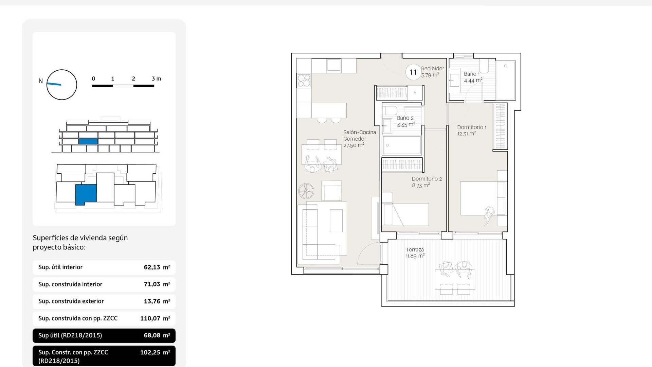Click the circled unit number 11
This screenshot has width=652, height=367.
pyautogui.click(x=413, y=72)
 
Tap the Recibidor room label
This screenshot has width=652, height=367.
pyautogui.click(x=432, y=69)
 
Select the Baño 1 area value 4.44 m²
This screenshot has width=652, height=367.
pyautogui.click(x=473, y=81)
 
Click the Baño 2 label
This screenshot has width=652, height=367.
pyautogui.click(x=405, y=118)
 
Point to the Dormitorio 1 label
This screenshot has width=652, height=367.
pyautogui.click(x=471, y=127)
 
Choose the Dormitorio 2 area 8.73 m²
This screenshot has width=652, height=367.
pyautogui.click(x=421, y=186)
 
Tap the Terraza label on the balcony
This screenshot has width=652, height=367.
pyautogui.click(x=415, y=249)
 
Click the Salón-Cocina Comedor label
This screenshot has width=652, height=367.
pyautogui.click(x=359, y=135)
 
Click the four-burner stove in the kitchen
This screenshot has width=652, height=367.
pyautogui.click(x=304, y=81)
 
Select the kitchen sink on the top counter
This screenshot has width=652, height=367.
pyautogui.click(x=334, y=65)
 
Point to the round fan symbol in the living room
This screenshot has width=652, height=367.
pyautogui.click(x=306, y=191)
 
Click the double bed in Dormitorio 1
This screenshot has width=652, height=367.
pyautogui.click(x=478, y=198)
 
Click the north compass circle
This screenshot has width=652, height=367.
pyautogui.click(x=61, y=85)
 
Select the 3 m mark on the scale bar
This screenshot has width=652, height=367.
pyautogui.click(x=156, y=79)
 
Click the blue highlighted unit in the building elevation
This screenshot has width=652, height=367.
pyautogui.click(x=88, y=141)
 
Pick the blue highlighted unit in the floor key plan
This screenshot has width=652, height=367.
pyautogui.click(x=86, y=194)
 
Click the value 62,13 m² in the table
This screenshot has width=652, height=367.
pyautogui.click(x=157, y=267)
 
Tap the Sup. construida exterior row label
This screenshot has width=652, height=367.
pyautogui.click(x=71, y=301)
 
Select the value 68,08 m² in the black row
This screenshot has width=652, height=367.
pyautogui.click(x=157, y=335)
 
